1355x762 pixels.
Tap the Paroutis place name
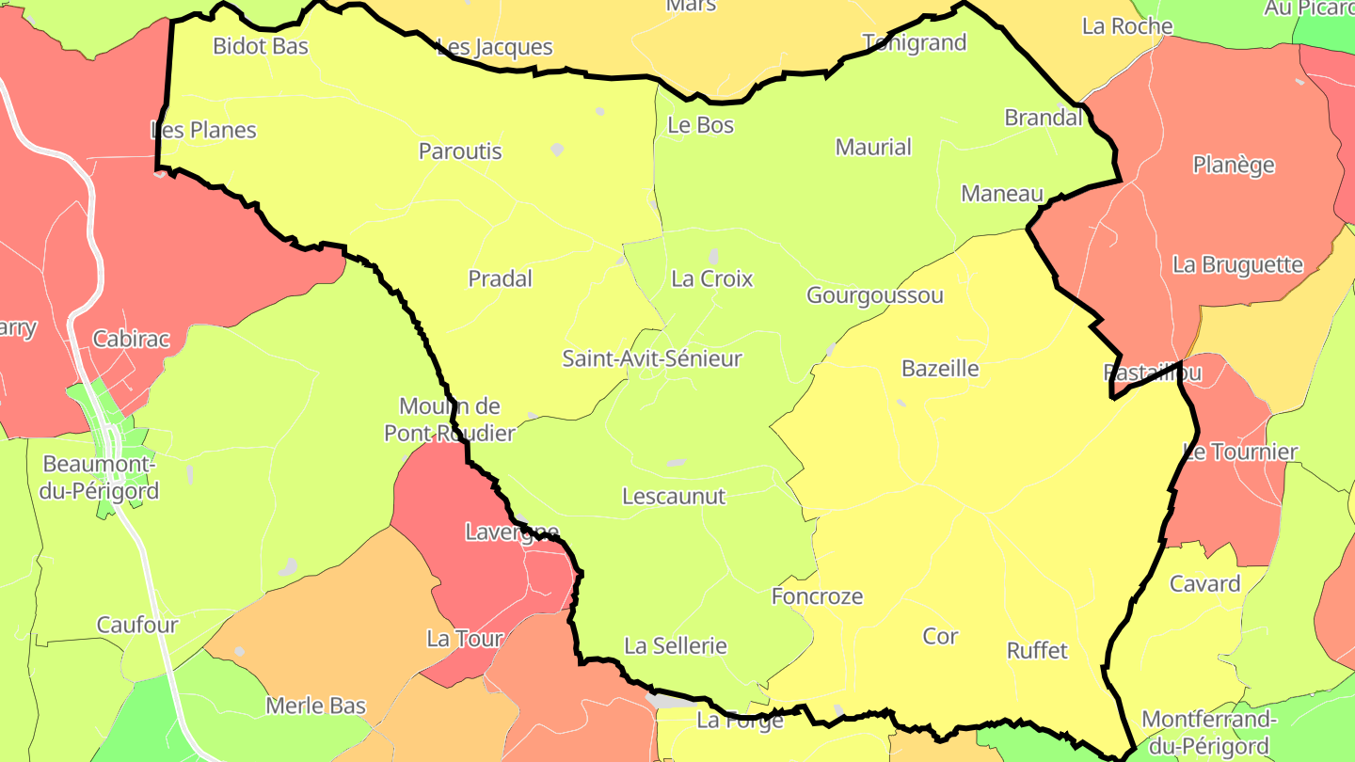[460, 151]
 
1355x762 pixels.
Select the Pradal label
[500, 278]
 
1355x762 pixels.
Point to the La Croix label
[712, 278]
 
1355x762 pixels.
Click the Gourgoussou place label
[874, 295]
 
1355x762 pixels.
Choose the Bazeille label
[940, 368]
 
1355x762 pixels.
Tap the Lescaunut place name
[674, 496]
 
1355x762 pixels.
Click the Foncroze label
[817, 596]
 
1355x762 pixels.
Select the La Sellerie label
[676, 645]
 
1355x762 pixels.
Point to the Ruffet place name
[1037, 650]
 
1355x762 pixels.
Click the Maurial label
[873, 147]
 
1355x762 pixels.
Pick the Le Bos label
[700, 125]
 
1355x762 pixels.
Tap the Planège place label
[1234, 165]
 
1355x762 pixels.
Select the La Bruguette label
[1237, 264]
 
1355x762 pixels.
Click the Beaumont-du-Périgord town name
[101, 477]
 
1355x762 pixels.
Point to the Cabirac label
[131, 339]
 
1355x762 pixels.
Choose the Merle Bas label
[315, 706]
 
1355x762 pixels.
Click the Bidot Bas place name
[261, 45]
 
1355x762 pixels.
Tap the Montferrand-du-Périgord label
[1208, 733]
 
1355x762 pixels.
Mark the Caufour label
[137, 625]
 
